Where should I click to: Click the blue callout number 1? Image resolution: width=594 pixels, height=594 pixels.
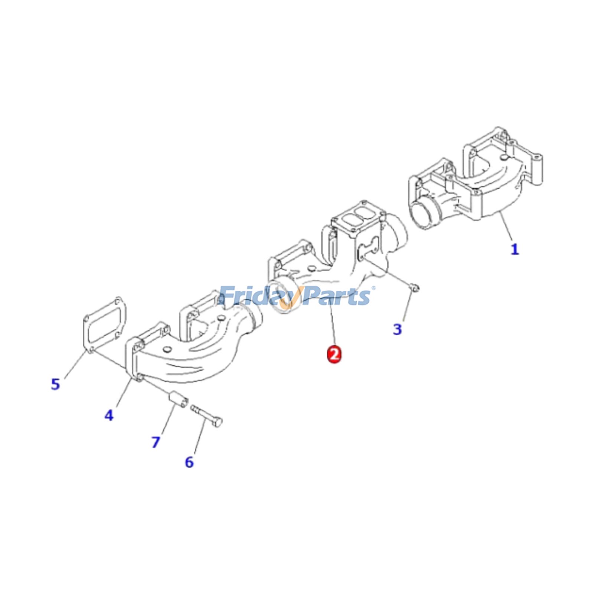pyautogui.click(x=514, y=249)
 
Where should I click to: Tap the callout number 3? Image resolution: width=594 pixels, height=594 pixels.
pyautogui.click(x=397, y=329)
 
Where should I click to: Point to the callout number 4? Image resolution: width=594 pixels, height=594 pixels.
pyautogui.click(x=108, y=415)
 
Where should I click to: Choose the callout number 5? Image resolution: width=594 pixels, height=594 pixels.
pyautogui.click(x=55, y=384)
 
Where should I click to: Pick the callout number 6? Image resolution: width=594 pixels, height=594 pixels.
pyautogui.click(x=189, y=462)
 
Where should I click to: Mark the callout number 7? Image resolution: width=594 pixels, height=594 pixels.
pyautogui.click(x=156, y=442)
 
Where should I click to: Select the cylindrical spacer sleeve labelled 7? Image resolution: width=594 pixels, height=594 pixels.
pyautogui.click(x=178, y=400)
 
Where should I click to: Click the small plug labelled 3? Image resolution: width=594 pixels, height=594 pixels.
pyautogui.click(x=415, y=287)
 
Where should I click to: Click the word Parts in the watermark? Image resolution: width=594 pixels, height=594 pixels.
pyautogui.click(x=336, y=296)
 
